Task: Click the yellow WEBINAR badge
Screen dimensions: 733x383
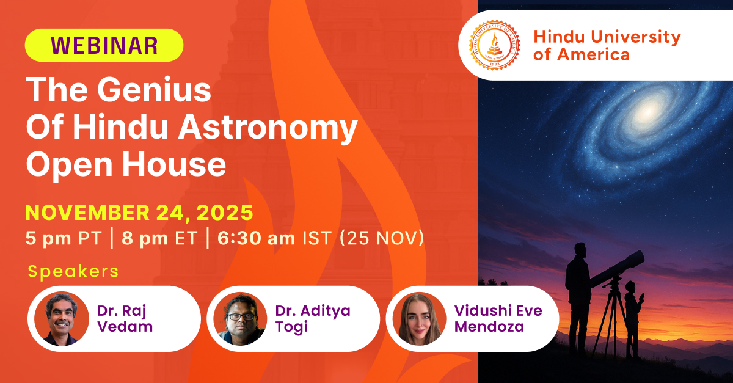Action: (x=104, y=45)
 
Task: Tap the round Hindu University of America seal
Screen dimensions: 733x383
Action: (x=494, y=45)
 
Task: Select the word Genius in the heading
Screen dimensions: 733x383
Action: (x=154, y=90)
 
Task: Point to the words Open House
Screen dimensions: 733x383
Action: (x=126, y=165)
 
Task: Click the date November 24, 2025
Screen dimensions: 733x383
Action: (x=139, y=213)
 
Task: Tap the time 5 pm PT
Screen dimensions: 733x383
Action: (x=63, y=238)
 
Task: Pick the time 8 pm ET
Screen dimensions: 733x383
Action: (x=159, y=238)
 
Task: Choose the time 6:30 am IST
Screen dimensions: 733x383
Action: (x=275, y=238)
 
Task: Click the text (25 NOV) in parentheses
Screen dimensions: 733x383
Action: (x=382, y=238)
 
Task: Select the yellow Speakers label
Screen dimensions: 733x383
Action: (x=73, y=271)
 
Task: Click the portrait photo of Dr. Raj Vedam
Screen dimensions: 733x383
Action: (x=62, y=319)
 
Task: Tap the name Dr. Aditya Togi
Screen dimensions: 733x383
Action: (x=313, y=318)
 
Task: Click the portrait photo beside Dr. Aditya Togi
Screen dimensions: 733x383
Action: (x=240, y=319)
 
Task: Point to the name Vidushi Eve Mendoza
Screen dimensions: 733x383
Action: (x=498, y=318)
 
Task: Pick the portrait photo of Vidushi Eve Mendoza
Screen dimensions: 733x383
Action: (x=419, y=319)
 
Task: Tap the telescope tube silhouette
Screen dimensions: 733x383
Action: (x=617, y=268)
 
